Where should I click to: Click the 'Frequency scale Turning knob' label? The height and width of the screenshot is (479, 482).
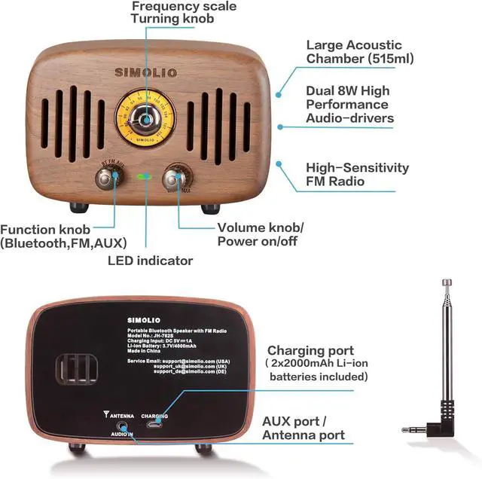pyautogui.click(x=184, y=13)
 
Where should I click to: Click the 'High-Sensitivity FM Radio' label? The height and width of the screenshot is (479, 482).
pyautogui.click(x=357, y=175)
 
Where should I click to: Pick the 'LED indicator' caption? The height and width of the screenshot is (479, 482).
pyautogui.click(x=150, y=261)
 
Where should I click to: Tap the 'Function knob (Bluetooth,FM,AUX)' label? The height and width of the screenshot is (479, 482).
pyautogui.click(x=63, y=236)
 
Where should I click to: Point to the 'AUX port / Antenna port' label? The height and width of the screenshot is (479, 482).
pyautogui.click(x=303, y=428)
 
